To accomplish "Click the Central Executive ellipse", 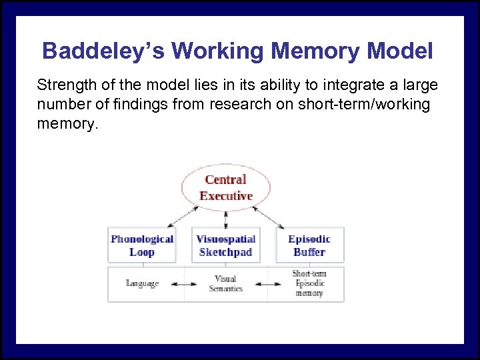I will pyautogui.click(x=226, y=187).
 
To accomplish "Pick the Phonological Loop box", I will pyautogui.click(x=142, y=245).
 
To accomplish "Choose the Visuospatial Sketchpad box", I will pyautogui.click(x=226, y=245).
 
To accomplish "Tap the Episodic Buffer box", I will pyautogui.click(x=309, y=245).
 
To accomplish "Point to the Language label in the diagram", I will pyautogui.click(x=142, y=283).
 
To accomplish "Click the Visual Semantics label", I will pyautogui.click(x=226, y=283).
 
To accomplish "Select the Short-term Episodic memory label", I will pyautogui.click(x=309, y=283).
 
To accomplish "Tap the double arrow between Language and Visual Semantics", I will pyautogui.click(x=184, y=284).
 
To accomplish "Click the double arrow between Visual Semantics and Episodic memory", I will pyautogui.click(x=267, y=284).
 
